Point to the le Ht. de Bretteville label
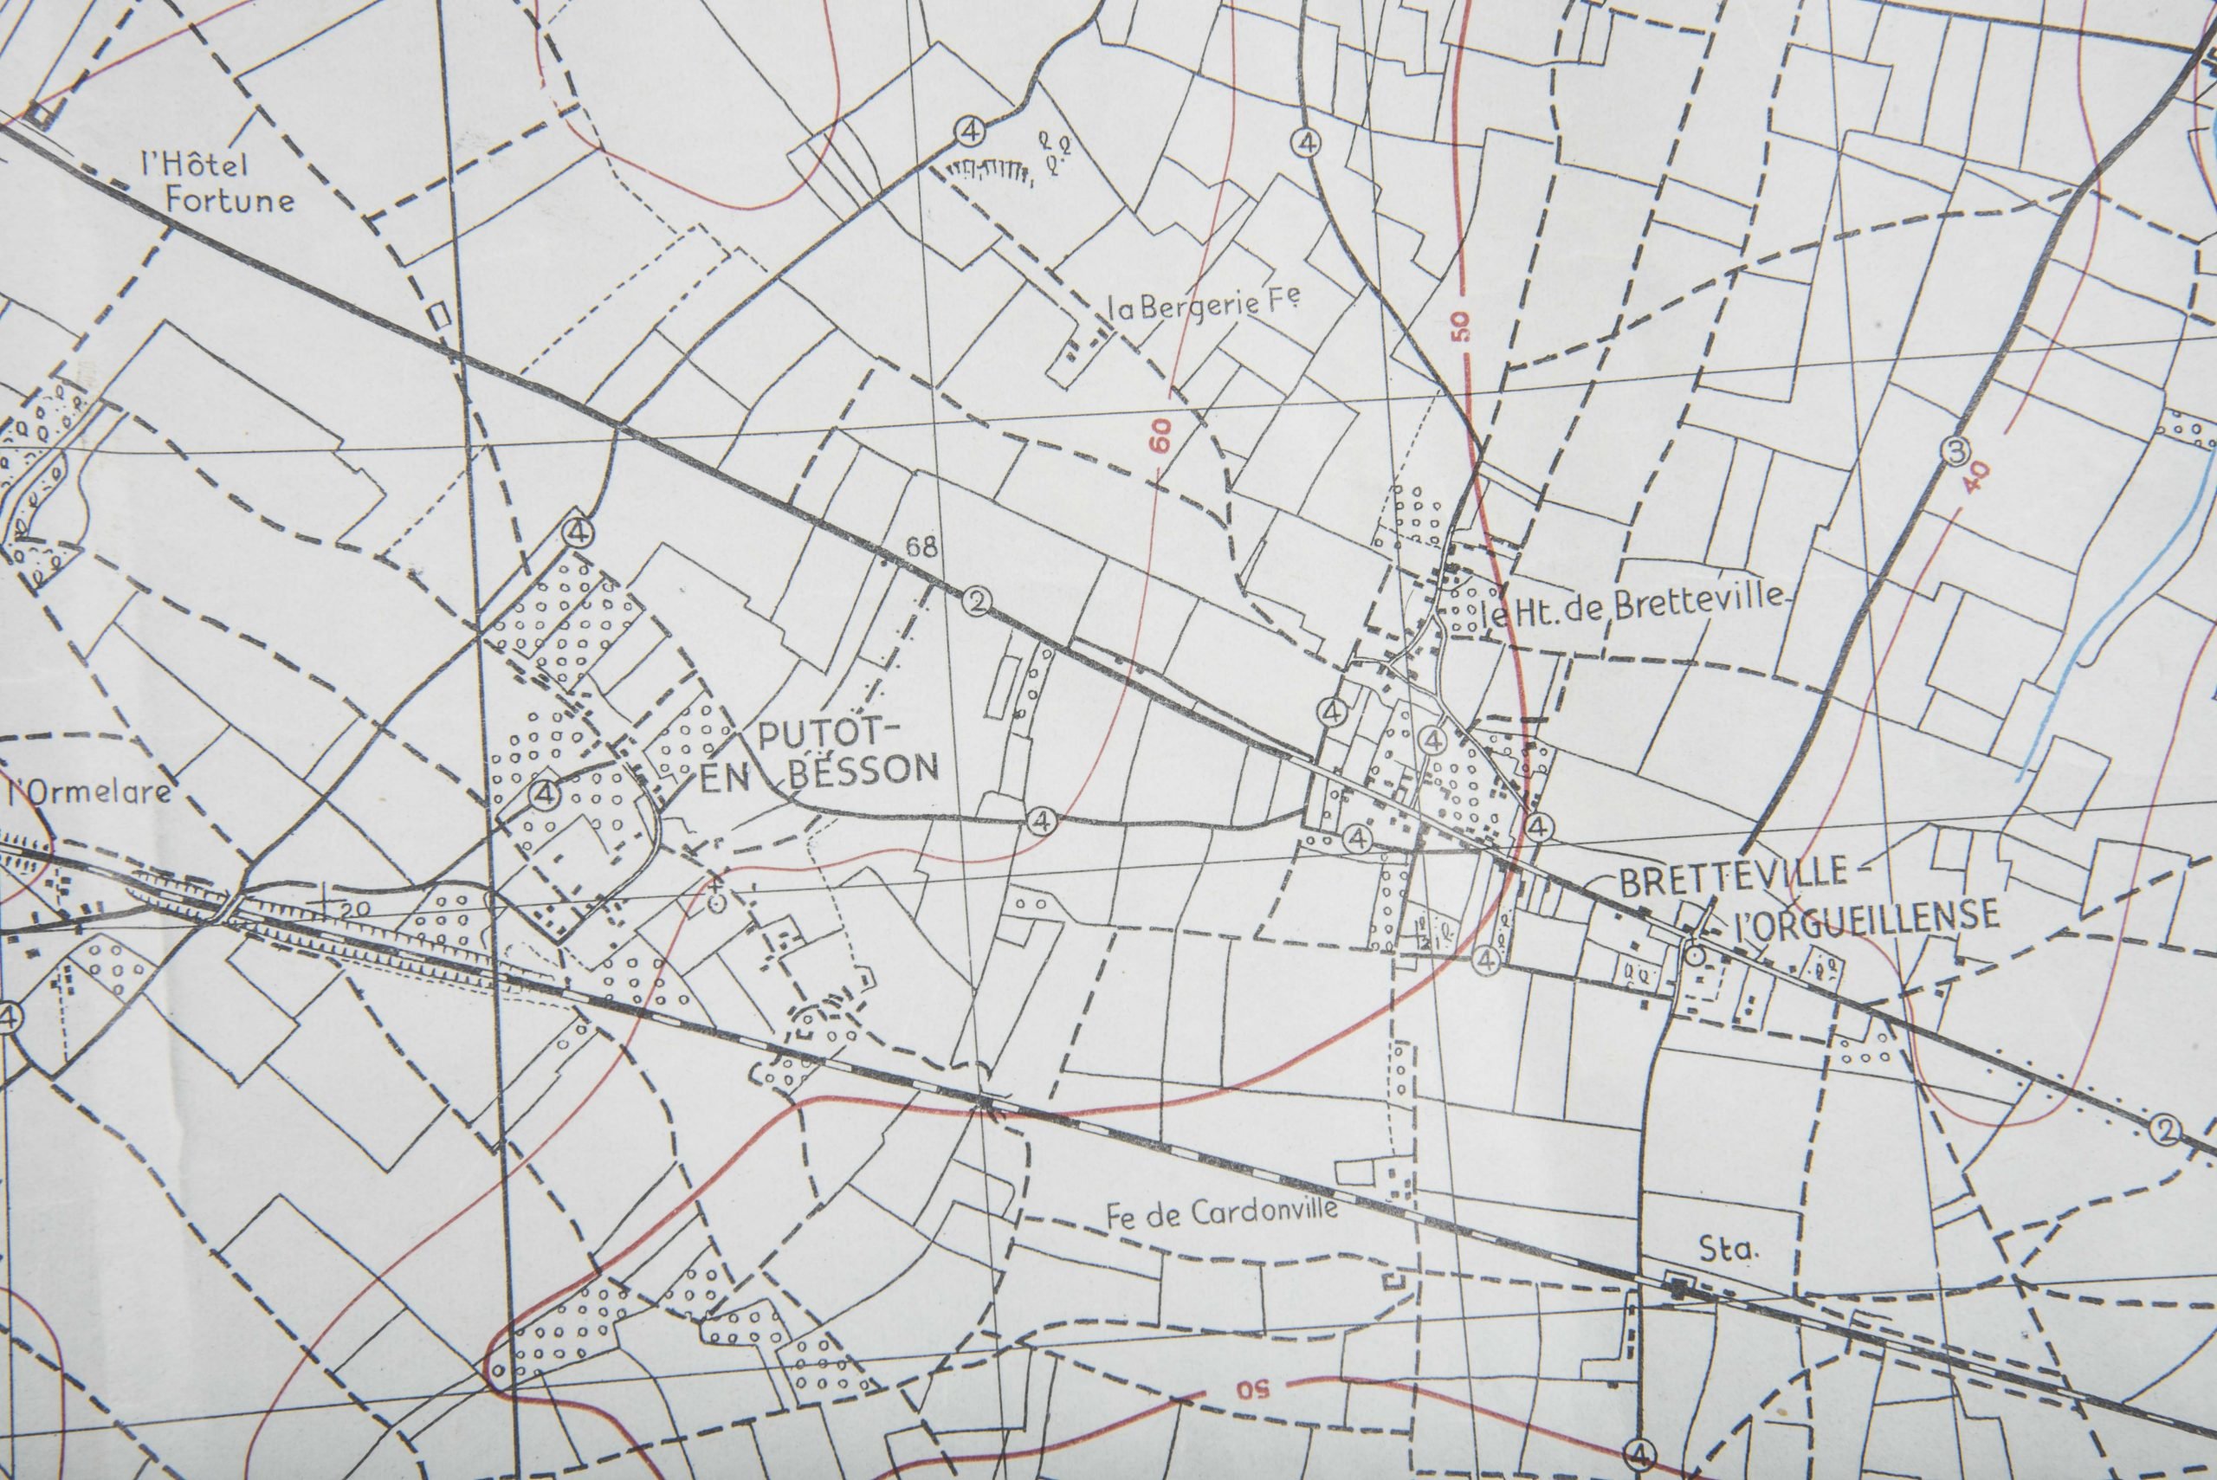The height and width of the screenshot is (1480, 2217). [1632, 607]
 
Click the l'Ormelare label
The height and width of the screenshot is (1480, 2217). [90, 789]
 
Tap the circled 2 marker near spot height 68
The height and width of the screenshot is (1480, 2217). [975, 600]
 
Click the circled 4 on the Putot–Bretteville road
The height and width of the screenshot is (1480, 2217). [1042, 820]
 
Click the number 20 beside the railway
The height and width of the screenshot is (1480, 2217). [350, 909]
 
